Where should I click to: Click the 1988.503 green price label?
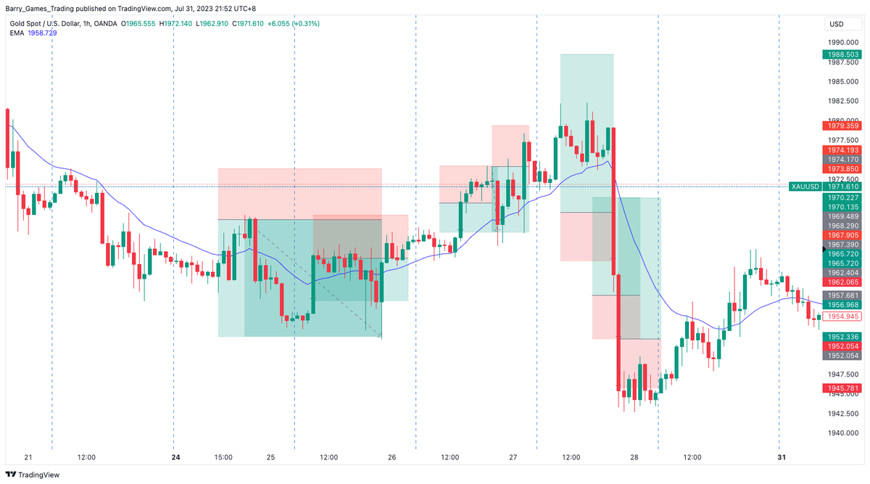tap(842, 54)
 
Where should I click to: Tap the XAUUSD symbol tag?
tap(805, 186)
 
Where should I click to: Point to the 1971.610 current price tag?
tap(843, 186)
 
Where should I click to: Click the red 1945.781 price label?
tap(842, 389)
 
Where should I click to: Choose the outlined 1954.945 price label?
tap(842, 316)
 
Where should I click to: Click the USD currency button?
tap(835, 25)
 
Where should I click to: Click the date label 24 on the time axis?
tap(175, 458)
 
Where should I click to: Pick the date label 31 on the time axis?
tap(781, 458)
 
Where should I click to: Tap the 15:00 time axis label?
tap(223, 458)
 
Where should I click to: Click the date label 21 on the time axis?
tap(29, 458)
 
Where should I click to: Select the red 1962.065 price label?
tap(842, 282)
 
